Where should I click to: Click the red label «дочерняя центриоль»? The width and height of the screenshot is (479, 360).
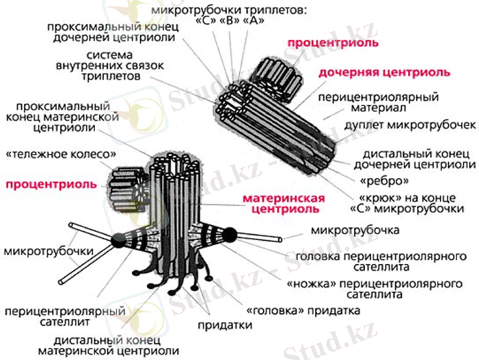[x=384, y=73]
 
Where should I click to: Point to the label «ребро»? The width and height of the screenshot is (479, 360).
[x=384, y=181]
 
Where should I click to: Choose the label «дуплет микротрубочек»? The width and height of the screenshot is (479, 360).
[x=410, y=125]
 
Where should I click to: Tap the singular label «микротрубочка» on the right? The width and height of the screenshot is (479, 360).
[x=355, y=230]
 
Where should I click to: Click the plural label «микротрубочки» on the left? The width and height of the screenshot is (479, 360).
[x=49, y=251]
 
